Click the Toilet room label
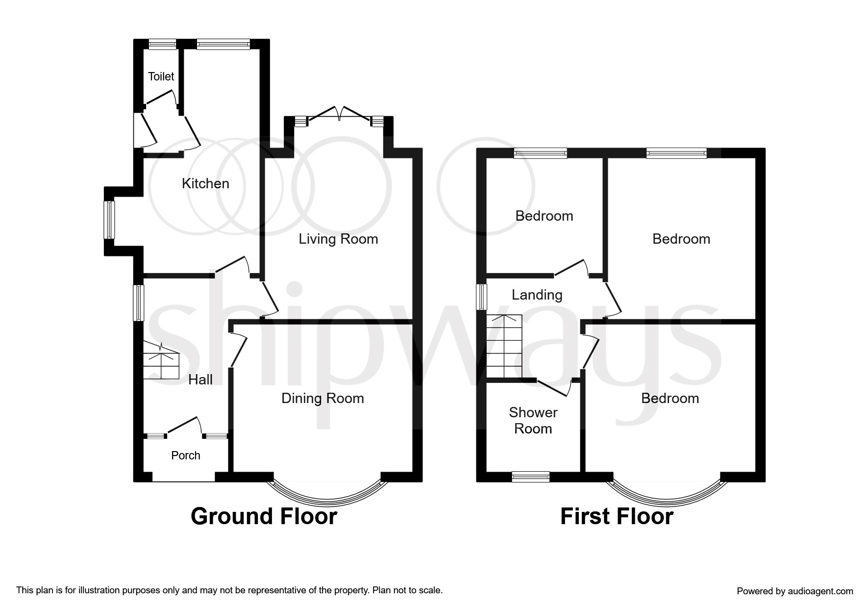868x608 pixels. pyautogui.click(x=161, y=76)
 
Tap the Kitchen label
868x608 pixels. pyautogui.click(x=205, y=183)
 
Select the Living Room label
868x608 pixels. pyautogui.click(x=338, y=239)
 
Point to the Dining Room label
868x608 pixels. pyautogui.click(x=322, y=398)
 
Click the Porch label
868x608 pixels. pyautogui.click(x=185, y=456)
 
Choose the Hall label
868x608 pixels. pyautogui.click(x=200, y=380)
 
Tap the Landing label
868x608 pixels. pyautogui.click(x=537, y=295)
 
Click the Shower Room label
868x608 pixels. pyautogui.click(x=533, y=421)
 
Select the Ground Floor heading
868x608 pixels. pyautogui.click(x=264, y=517)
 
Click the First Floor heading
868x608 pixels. pyautogui.click(x=617, y=517)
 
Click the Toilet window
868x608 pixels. pyautogui.click(x=162, y=45)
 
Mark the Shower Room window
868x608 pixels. pyautogui.click(x=530, y=477)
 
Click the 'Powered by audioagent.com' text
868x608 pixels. pyautogui.click(x=794, y=591)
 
